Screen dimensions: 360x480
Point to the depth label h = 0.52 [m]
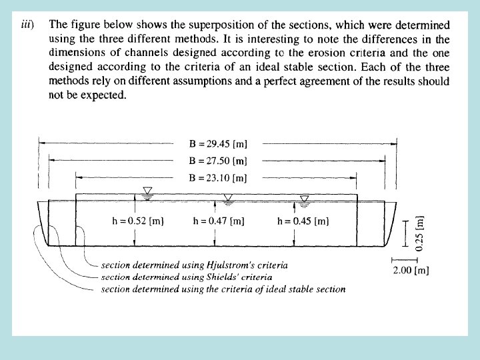pos(137,221)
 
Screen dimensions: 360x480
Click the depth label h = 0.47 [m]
pos(218,221)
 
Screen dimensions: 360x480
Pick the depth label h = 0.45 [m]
pos(302,221)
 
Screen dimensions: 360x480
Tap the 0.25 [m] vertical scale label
pos(419,233)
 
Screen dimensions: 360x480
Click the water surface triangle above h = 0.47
pos(228,198)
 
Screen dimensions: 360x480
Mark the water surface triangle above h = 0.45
pos(305,199)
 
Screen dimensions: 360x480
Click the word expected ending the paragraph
pos(105,95)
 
